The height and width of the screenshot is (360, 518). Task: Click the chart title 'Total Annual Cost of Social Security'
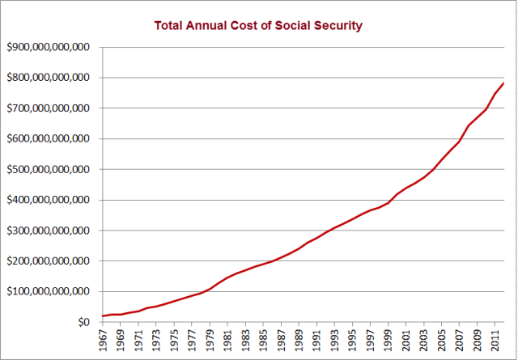[258, 25]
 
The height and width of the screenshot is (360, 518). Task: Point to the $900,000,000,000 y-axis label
[47, 48]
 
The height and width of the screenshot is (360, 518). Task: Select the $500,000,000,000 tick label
[47, 170]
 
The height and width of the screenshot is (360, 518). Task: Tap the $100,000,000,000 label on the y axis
[47, 292]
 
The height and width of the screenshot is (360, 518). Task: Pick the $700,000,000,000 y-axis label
[47, 108]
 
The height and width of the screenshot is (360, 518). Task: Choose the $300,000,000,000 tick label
[47, 231]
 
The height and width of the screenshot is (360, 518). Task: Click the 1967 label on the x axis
[103, 341]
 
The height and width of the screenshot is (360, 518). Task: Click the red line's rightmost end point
[504, 83]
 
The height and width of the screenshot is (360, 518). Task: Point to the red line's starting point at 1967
[103, 316]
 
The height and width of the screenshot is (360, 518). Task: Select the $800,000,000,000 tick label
[47, 78]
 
